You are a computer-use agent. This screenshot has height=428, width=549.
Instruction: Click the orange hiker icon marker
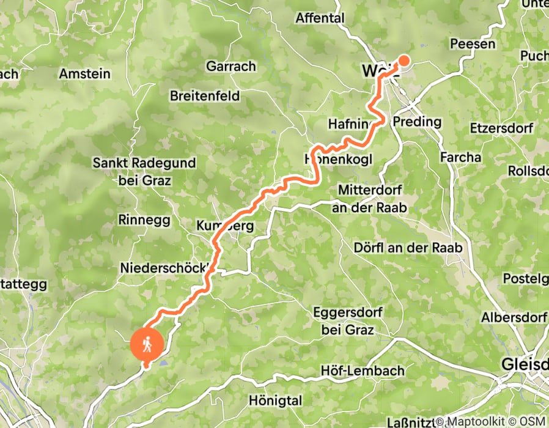147,344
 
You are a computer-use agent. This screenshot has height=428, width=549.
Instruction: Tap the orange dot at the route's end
404,60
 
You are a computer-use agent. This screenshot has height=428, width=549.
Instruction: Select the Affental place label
320,18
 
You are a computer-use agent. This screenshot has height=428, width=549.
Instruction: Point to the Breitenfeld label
205,96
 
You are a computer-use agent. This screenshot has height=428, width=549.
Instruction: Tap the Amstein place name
85,73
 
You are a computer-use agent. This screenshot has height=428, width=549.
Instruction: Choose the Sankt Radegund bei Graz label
144,172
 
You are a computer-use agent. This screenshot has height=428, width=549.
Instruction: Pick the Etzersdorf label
501,128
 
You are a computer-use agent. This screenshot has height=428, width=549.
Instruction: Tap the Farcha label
461,157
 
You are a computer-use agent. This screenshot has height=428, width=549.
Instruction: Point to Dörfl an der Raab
408,248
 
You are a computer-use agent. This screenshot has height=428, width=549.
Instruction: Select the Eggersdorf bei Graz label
347,321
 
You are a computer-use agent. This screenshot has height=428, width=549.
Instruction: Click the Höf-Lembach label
363,371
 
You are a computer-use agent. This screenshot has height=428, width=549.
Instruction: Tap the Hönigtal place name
276,401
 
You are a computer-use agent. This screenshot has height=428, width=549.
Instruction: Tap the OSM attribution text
534,421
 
